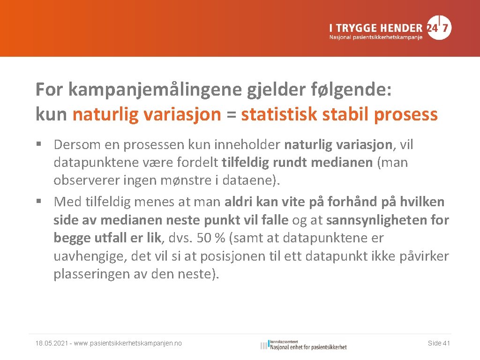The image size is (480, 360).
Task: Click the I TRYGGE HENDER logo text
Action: (375, 27)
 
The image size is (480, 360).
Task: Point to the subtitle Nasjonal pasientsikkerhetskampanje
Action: (375, 37)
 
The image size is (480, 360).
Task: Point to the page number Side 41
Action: (439, 344)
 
